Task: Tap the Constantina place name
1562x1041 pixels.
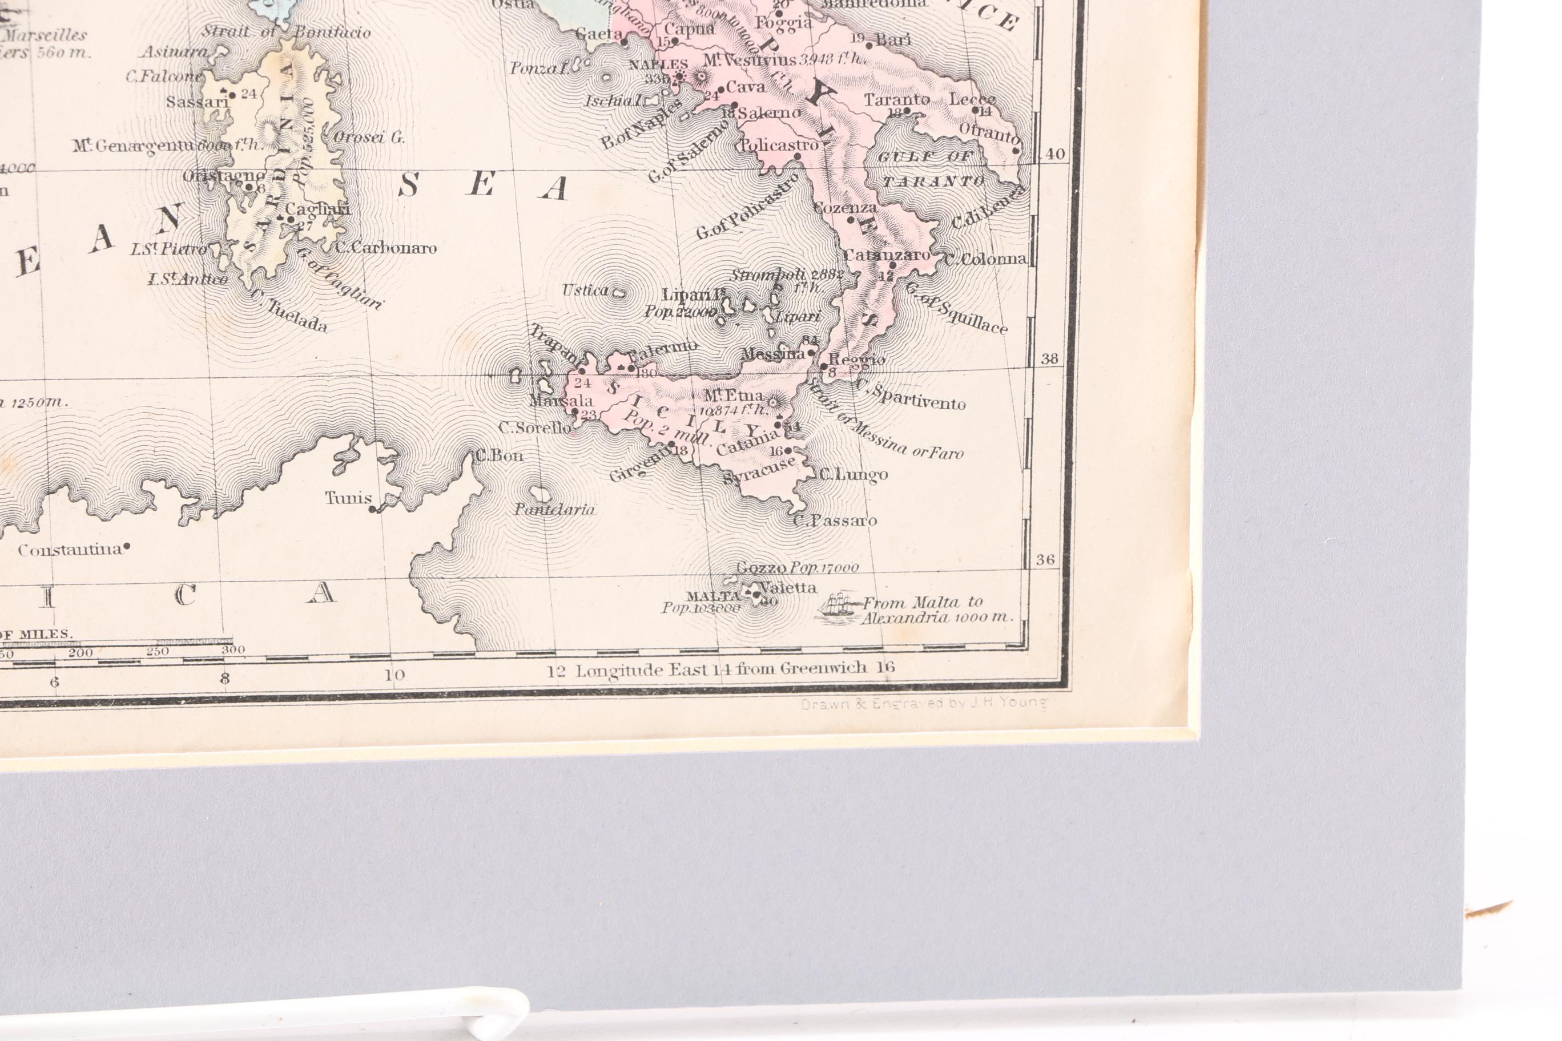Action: click(70, 550)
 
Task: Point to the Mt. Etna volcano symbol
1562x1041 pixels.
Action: click(773, 401)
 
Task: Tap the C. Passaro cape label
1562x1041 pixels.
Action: click(835, 520)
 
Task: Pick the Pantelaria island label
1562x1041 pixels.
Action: click(554, 510)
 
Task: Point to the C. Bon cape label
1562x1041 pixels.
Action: click(499, 455)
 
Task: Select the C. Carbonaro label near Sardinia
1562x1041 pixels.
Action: click(385, 248)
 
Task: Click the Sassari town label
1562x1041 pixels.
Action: click(197, 102)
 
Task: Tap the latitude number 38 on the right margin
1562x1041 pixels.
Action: click(1049, 358)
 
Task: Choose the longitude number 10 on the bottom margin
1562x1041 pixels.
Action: click(394, 675)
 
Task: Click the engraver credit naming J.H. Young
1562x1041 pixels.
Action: click(924, 704)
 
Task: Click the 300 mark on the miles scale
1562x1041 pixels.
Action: click(233, 650)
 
